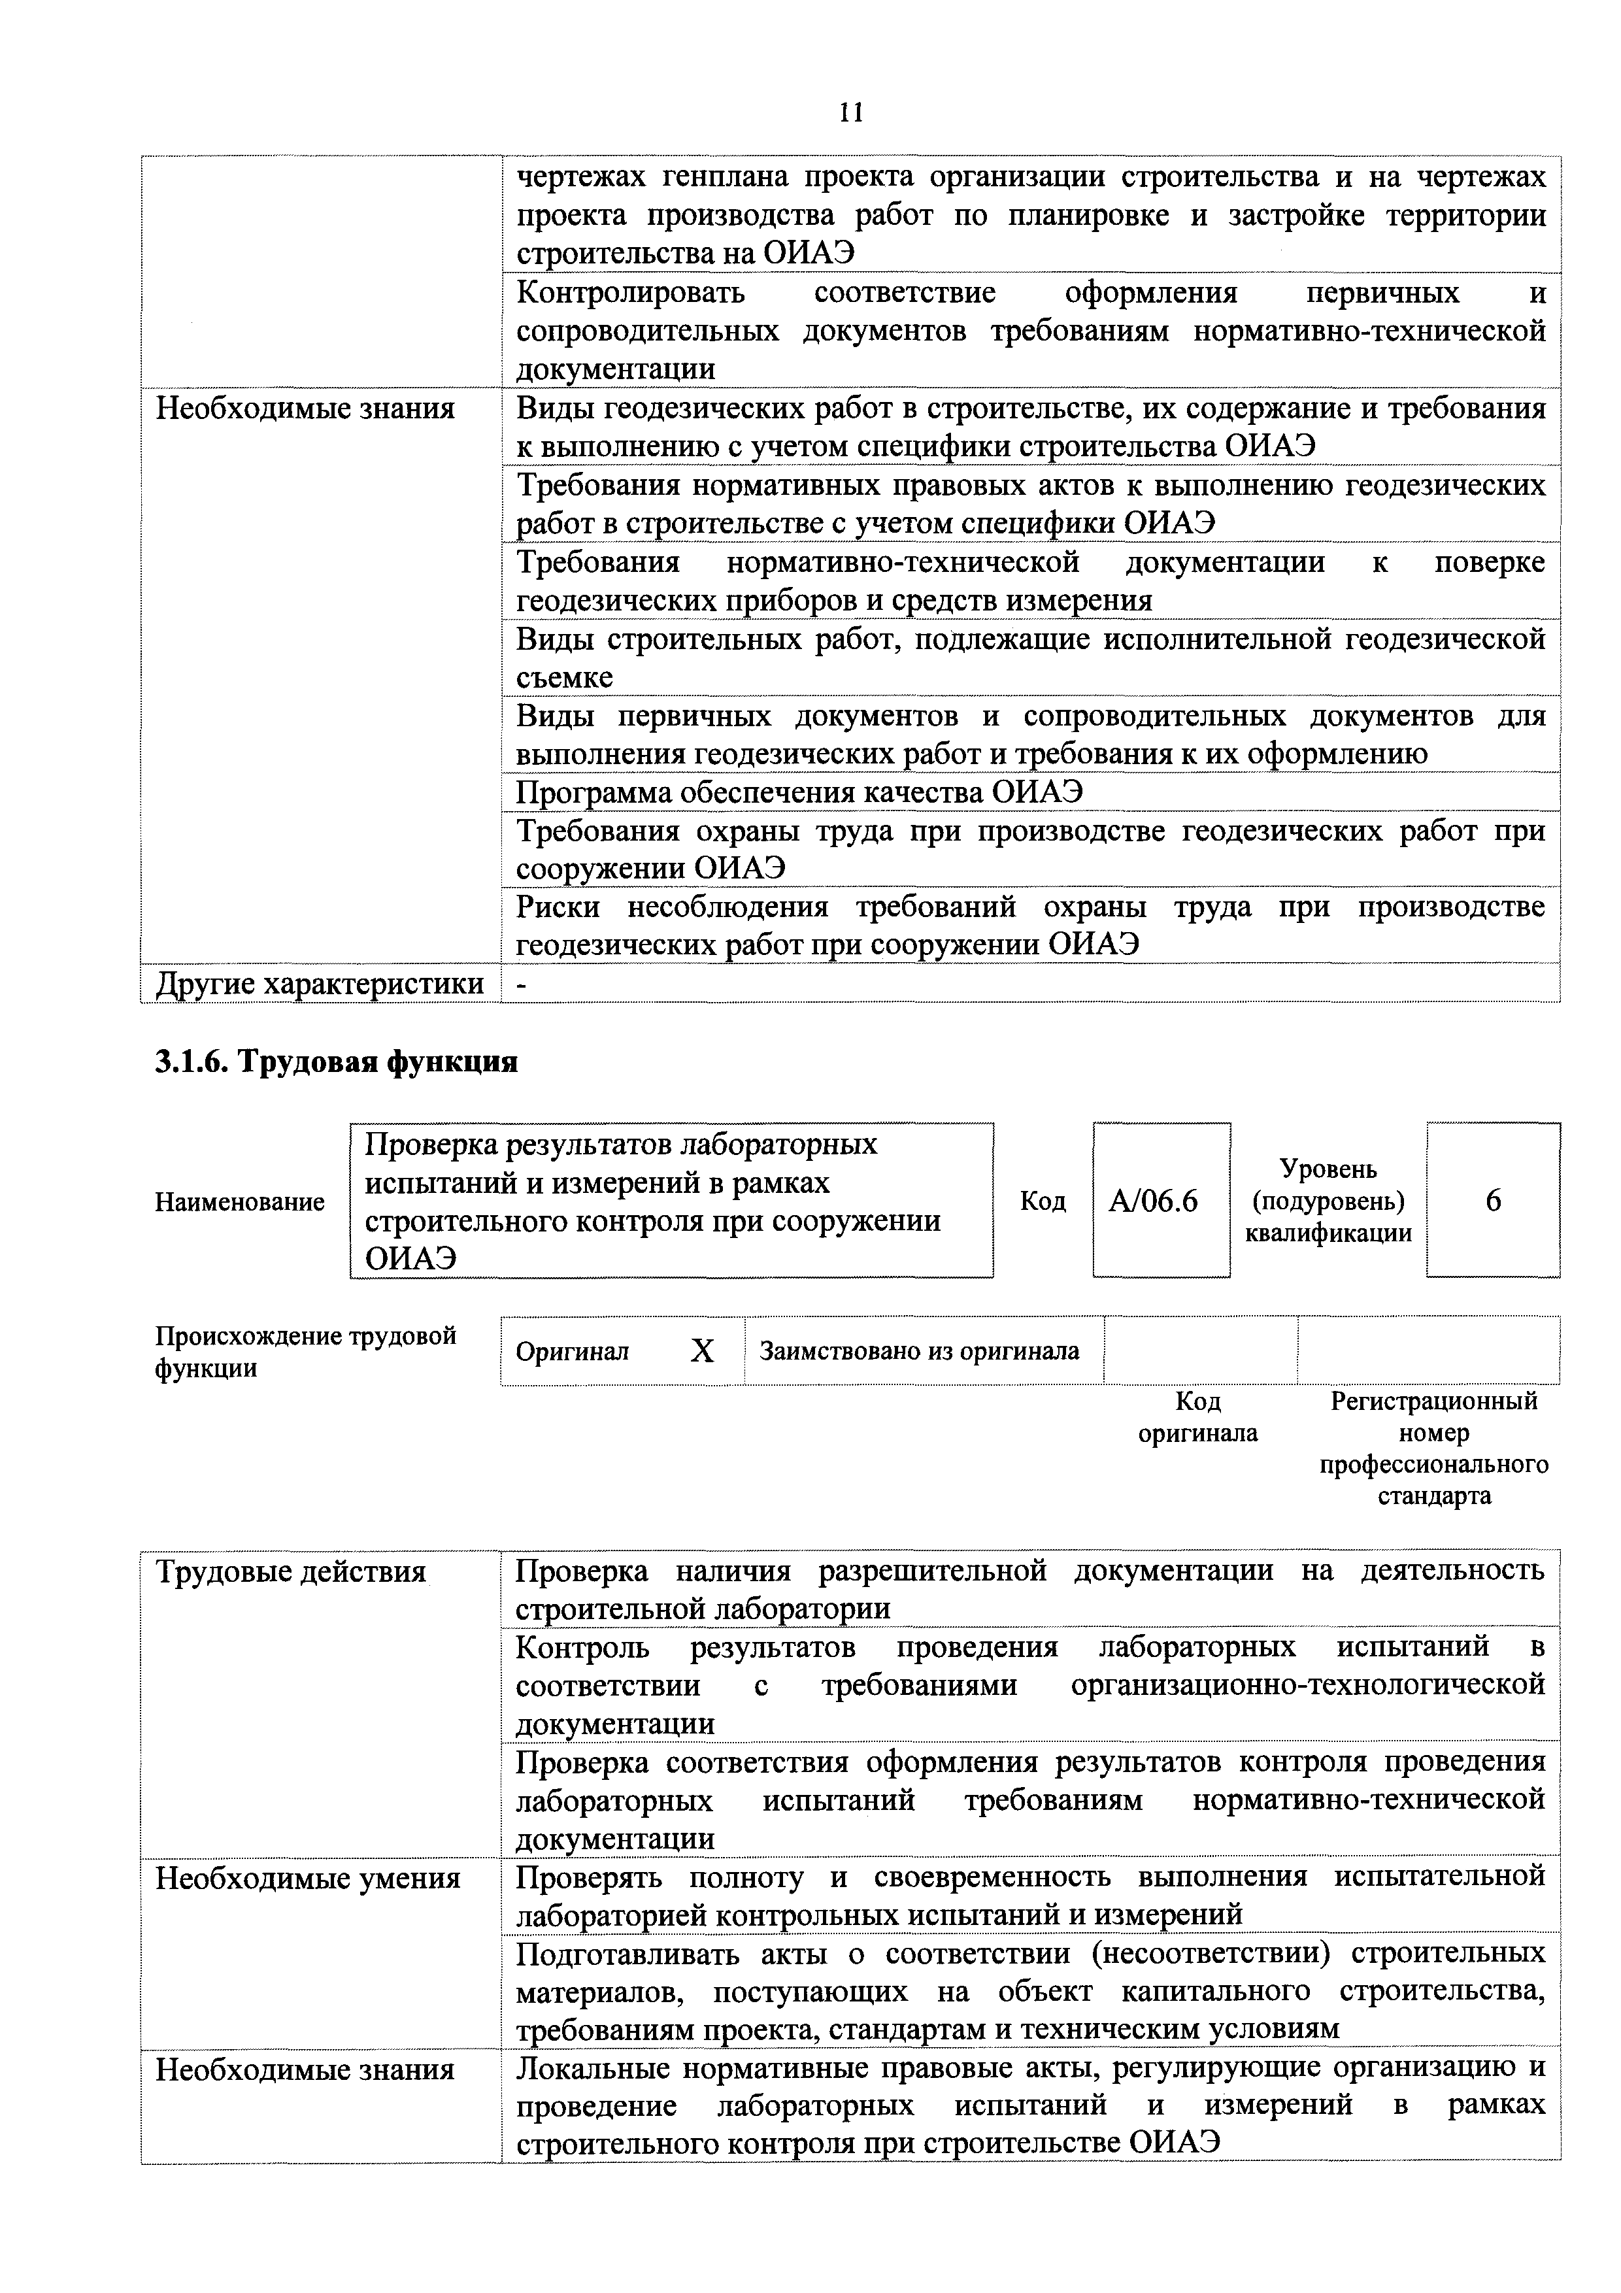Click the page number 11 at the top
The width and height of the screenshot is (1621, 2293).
(850, 112)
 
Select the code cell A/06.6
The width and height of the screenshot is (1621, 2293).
(1161, 1201)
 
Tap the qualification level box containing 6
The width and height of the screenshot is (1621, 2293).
(1492, 1201)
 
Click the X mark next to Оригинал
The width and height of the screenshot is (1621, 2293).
(702, 1351)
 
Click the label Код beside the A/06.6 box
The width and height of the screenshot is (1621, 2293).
(1042, 1201)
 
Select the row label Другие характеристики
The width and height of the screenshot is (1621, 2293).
(320, 984)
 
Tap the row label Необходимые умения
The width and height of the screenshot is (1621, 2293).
(308, 1879)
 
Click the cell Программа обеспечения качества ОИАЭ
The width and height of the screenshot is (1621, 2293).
(799, 792)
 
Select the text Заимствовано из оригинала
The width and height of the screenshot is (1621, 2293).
(919, 1351)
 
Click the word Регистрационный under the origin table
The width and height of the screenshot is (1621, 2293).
(1433, 1401)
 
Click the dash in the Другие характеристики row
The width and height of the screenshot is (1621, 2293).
(520, 984)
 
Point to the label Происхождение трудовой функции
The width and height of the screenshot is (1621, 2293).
(305, 1351)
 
